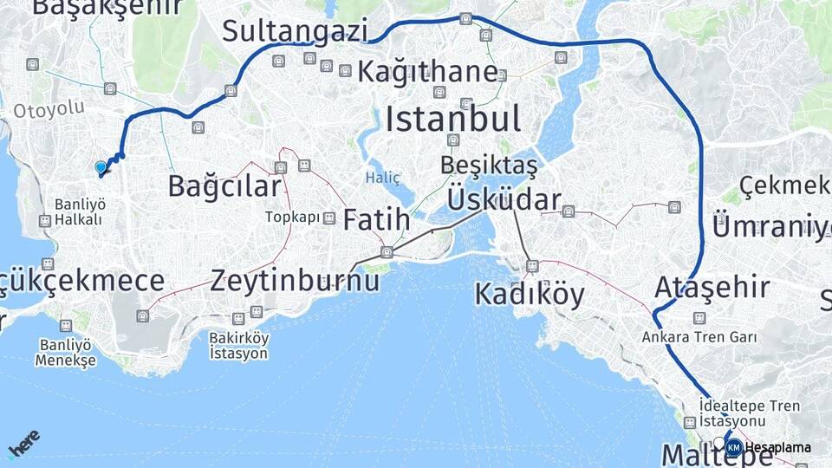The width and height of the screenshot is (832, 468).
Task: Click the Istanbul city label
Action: pos(453,119)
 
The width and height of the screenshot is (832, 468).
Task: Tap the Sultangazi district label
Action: pos(295,30)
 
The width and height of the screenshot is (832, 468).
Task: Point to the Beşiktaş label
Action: pos(488,165)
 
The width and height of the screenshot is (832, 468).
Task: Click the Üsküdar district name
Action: pos(504,200)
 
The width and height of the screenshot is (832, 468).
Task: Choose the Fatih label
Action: pos(376,220)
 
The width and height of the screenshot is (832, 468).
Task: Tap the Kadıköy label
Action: pos(530,295)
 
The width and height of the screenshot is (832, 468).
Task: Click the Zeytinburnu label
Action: pos(296,280)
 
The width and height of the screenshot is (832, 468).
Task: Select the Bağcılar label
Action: pos(224,185)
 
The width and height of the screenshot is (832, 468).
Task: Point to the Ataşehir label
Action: pos(712,287)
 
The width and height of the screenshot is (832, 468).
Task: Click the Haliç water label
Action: pos(382,178)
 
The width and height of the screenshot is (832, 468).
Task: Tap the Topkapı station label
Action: pos(293,218)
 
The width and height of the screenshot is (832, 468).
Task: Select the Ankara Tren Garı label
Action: pos(699,337)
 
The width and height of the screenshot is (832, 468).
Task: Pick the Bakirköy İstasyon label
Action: pos(238,346)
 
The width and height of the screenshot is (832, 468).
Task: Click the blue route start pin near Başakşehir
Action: pos(101,166)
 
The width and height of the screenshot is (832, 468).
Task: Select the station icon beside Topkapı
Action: pos(329,218)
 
